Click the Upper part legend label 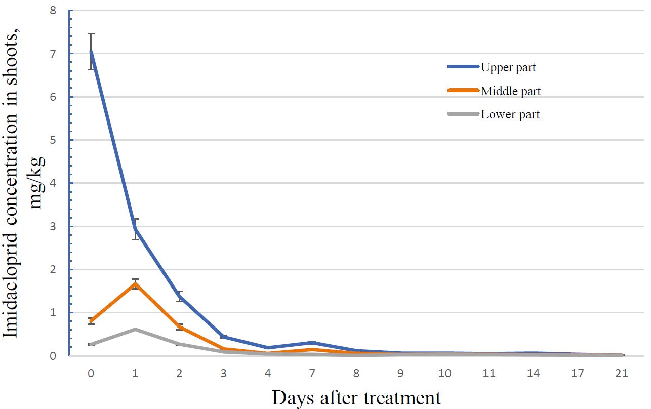[x=508, y=68]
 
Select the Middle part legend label [x=511, y=91]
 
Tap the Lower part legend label [x=510, y=114]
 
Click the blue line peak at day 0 [x=91, y=51]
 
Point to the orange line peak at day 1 [x=135, y=283]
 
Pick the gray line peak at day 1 [x=135, y=330]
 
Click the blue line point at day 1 [x=135, y=229]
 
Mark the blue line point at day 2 [x=179, y=296]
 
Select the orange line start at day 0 [x=91, y=321]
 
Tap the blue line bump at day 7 [x=312, y=342]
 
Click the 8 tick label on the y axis [x=53, y=11]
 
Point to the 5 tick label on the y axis [x=53, y=140]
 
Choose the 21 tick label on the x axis [x=622, y=373]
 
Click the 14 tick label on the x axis [x=533, y=373]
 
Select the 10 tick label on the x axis [x=444, y=373]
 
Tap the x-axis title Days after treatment [x=356, y=398]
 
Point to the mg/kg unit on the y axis [x=37, y=183]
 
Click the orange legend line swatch [x=464, y=91]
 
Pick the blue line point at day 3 [x=223, y=337]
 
